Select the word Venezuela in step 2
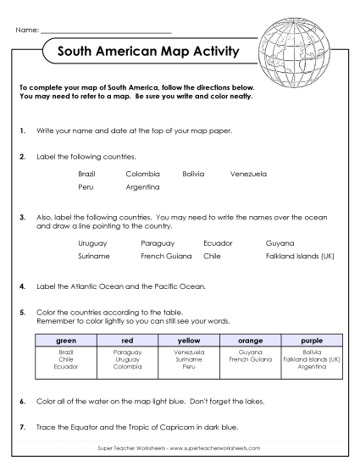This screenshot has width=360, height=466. pyautogui.click(x=247, y=174)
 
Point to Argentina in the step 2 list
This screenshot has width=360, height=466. pyautogui.click(x=142, y=186)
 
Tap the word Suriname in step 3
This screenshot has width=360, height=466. pyautogui.click(x=93, y=255)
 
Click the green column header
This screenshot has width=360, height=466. pyautogui.click(x=66, y=340)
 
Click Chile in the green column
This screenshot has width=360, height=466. pyautogui.click(x=66, y=359)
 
